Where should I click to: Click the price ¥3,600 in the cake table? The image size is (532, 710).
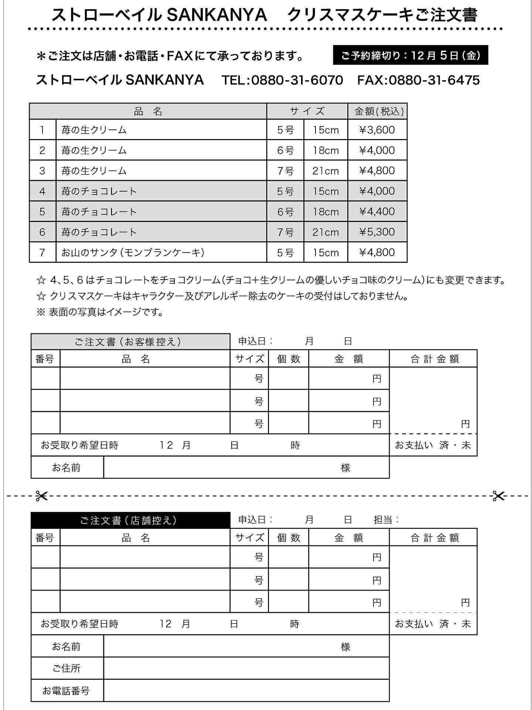377,130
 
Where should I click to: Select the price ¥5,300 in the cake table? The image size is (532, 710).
377,232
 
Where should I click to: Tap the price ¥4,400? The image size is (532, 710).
377,212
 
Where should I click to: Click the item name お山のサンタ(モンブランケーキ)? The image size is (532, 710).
133,253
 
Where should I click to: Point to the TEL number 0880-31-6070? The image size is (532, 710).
297,80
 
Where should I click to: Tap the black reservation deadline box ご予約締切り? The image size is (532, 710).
410,55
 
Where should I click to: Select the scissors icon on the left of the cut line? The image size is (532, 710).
41,496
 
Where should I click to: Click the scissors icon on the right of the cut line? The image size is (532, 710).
498,496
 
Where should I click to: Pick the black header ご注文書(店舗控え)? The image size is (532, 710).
130,520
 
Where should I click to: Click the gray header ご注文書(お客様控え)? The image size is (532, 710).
130,341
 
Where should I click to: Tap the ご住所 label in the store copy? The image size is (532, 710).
66,668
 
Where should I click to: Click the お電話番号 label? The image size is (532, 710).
66,691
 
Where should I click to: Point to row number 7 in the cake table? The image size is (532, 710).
42,253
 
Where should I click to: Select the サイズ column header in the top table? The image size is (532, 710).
307,111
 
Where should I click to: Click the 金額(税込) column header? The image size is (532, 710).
377,111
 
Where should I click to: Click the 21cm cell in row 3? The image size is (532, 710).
325,171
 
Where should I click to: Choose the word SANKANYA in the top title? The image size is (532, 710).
217,15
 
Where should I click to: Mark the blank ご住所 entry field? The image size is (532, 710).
246,668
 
